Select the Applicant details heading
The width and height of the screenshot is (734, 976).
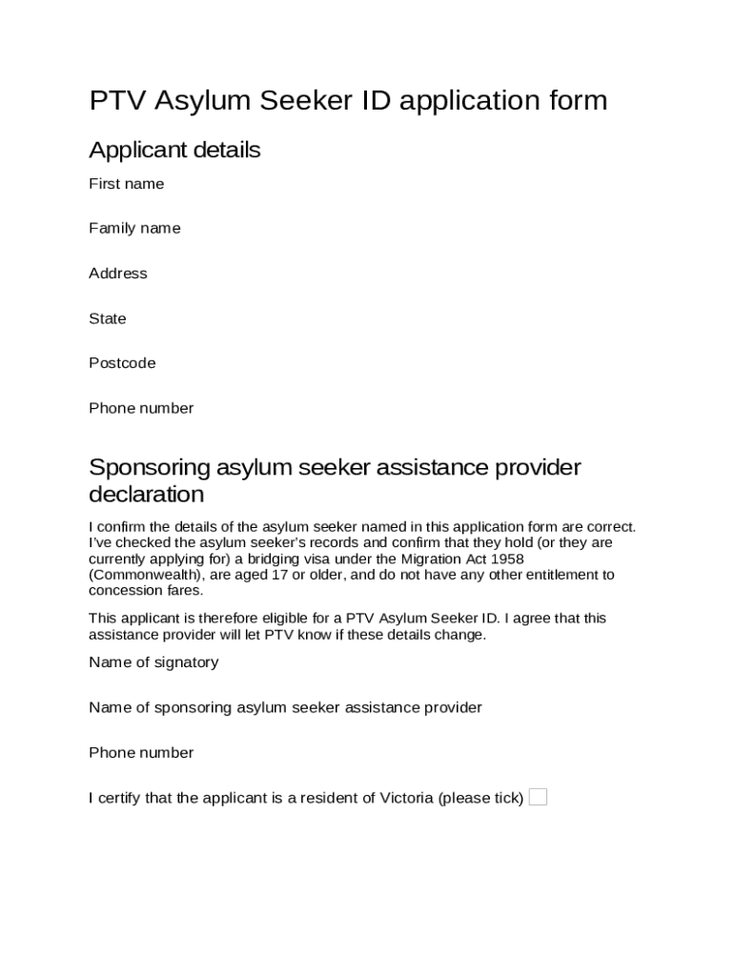click(x=174, y=151)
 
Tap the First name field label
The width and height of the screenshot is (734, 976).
click(x=127, y=184)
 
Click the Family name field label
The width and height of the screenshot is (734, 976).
click(x=134, y=229)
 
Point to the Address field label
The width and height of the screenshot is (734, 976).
click(x=118, y=274)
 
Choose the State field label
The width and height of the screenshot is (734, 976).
click(x=108, y=318)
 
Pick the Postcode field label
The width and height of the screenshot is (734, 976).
click(x=122, y=363)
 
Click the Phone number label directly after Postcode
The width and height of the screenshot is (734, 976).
click(x=141, y=408)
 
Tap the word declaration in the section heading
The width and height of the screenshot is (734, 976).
click(x=146, y=495)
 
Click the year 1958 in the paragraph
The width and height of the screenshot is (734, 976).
click(x=505, y=559)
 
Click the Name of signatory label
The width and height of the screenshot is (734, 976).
click(x=153, y=662)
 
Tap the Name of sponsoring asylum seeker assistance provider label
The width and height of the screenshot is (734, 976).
click(x=285, y=707)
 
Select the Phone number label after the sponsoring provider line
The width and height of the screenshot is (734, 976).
click(x=141, y=753)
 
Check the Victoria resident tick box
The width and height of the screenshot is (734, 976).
click(x=538, y=797)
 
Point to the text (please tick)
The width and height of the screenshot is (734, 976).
click(x=480, y=798)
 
